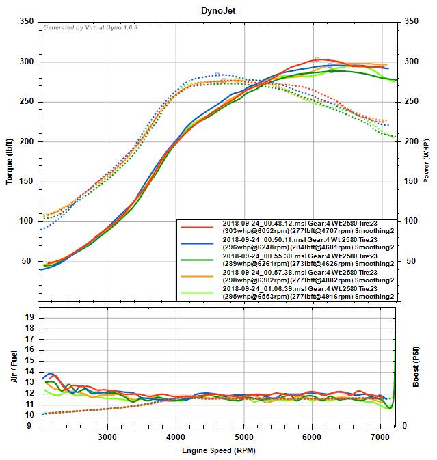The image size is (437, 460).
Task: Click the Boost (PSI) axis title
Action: (x=416, y=366)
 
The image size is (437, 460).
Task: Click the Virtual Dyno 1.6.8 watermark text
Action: (x=90, y=29)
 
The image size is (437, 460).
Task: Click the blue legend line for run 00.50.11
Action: (x=199, y=244)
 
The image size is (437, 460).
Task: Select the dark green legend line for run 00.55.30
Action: (x=199, y=261)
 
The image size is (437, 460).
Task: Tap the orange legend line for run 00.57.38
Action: (x=199, y=278)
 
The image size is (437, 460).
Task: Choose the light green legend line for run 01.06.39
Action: (x=199, y=295)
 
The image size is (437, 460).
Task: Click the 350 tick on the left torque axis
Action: (x=25, y=22)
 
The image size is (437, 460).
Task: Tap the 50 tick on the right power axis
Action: (x=411, y=261)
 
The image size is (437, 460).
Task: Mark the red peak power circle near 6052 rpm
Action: (x=317, y=59)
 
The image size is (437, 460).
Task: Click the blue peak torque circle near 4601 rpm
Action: (x=217, y=75)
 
